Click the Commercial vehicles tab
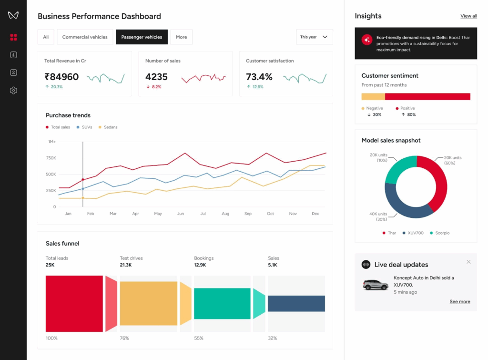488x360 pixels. [85, 37]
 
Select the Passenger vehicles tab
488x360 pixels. [142, 37]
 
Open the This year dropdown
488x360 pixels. [314, 37]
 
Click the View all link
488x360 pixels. [468, 16]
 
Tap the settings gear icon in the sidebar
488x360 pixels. [13, 91]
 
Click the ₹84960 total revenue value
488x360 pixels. [61, 77]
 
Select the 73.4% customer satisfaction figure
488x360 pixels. [259, 77]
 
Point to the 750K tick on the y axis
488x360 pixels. [51, 158]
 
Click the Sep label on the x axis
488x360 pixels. [248, 214]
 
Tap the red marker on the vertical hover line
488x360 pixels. [83, 180]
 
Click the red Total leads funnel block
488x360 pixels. [74, 304]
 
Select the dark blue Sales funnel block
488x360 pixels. [296, 304]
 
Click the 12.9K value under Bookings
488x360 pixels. [200, 265]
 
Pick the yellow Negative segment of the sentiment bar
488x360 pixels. [373, 97]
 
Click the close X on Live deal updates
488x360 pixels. [468, 262]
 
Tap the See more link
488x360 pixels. [460, 302]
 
